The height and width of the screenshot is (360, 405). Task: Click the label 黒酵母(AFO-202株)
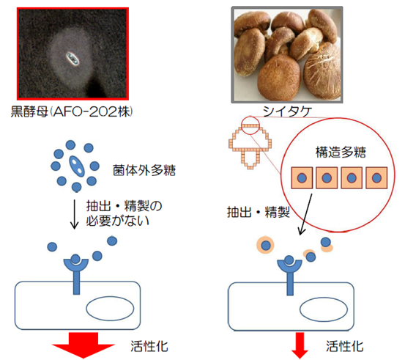(x=72, y=111)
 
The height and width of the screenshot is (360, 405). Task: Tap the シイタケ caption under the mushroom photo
(x=287, y=111)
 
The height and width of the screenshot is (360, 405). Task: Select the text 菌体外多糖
(x=144, y=170)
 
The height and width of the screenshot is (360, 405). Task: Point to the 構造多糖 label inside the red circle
(x=341, y=152)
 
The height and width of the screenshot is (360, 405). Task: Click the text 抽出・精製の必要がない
(x=124, y=213)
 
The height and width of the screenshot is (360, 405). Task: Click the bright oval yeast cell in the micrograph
(x=73, y=58)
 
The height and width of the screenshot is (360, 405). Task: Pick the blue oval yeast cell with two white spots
(x=76, y=166)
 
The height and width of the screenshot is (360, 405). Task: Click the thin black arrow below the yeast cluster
(x=75, y=214)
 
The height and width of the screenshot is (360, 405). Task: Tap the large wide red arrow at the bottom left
(x=83, y=345)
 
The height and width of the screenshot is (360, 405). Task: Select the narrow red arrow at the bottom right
(x=300, y=345)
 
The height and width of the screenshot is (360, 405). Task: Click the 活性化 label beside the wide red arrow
(x=149, y=346)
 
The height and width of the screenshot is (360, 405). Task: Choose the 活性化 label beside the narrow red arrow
(x=345, y=346)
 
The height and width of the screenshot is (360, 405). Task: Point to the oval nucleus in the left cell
(x=110, y=308)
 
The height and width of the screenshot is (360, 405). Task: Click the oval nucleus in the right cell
(x=324, y=309)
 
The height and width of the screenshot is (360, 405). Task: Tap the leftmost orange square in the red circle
(x=302, y=178)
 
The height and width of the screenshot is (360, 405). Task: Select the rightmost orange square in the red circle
(x=376, y=178)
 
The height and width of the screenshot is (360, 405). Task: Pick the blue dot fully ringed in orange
(x=266, y=245)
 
